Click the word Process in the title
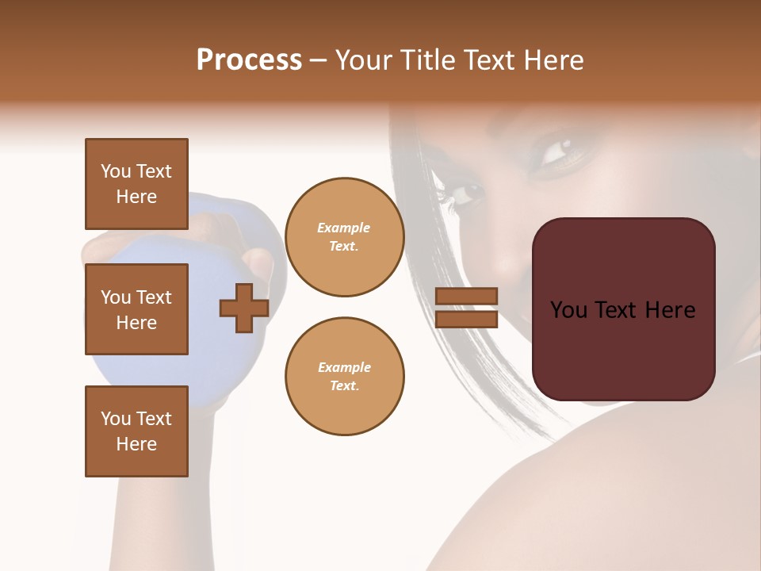tap(249, 60)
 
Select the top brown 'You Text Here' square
tap(136, 184)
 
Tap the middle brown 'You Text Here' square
tap(136, 309)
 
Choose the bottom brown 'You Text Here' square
tap(136, 431)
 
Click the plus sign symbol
tap(244, 308)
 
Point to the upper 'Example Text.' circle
tap(344, 237)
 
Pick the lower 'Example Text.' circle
tap(344, 376)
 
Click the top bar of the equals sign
tap(466, 297)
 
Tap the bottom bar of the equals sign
tap(466, 319)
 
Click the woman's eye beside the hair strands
tap(466, 193)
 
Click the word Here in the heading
tap(550, 60)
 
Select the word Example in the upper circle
tap(344, 228)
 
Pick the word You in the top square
tap(115, 171)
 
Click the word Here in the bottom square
tap(136, 444)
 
